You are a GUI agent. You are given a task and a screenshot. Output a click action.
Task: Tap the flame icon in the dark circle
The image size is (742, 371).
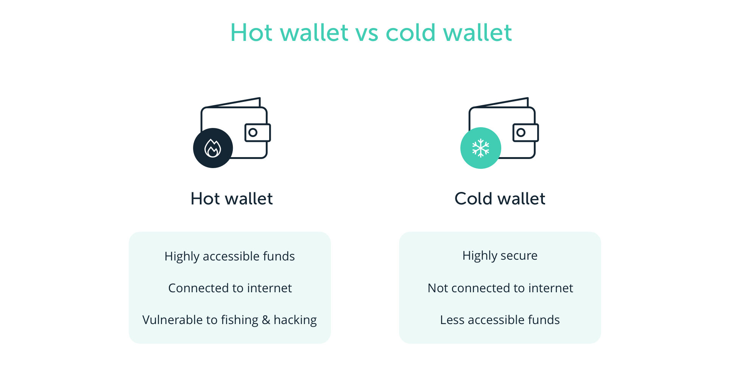[213, 148]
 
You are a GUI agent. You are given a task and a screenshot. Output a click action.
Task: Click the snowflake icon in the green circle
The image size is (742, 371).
[481, 148]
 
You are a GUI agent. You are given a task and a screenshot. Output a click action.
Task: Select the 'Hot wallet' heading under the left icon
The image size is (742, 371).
[232, 199]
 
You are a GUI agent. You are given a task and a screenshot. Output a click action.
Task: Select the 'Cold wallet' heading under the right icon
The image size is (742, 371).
[500, 199]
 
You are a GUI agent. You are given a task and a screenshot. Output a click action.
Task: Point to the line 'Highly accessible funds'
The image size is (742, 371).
[230, 256]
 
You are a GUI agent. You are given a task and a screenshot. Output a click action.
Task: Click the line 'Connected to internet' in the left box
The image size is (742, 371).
[230, 288]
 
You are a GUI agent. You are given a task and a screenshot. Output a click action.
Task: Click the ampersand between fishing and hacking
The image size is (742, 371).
[266, 320]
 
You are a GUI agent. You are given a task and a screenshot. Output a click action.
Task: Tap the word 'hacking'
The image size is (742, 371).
[295, 320]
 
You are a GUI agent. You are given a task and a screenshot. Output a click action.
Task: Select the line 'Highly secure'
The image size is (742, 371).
[500, 256]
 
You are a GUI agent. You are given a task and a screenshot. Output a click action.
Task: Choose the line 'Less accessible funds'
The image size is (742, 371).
[500, 320]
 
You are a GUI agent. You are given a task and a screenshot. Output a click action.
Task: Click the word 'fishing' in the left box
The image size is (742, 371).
[240, 320]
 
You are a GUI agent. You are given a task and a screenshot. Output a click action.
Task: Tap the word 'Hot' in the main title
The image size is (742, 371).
[251, 33]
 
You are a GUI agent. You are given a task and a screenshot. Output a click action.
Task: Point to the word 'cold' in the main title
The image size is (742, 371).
[411, 33]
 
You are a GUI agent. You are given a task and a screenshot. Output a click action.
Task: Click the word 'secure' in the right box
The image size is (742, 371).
[518, 256]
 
